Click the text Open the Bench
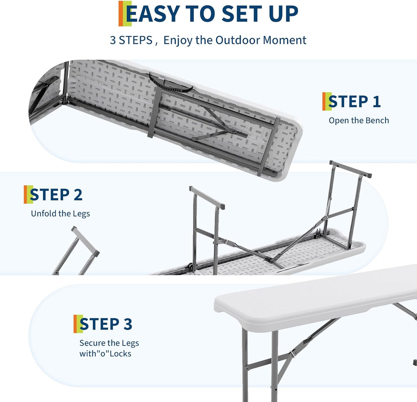(x=359, y=120)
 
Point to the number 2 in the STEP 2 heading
(x=77, y=195)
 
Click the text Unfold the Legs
(x=60, y=213)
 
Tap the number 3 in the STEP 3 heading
(x=127, y=324)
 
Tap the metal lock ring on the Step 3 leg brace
(x=292, y=354)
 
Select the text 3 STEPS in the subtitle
(x=131, y=40)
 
